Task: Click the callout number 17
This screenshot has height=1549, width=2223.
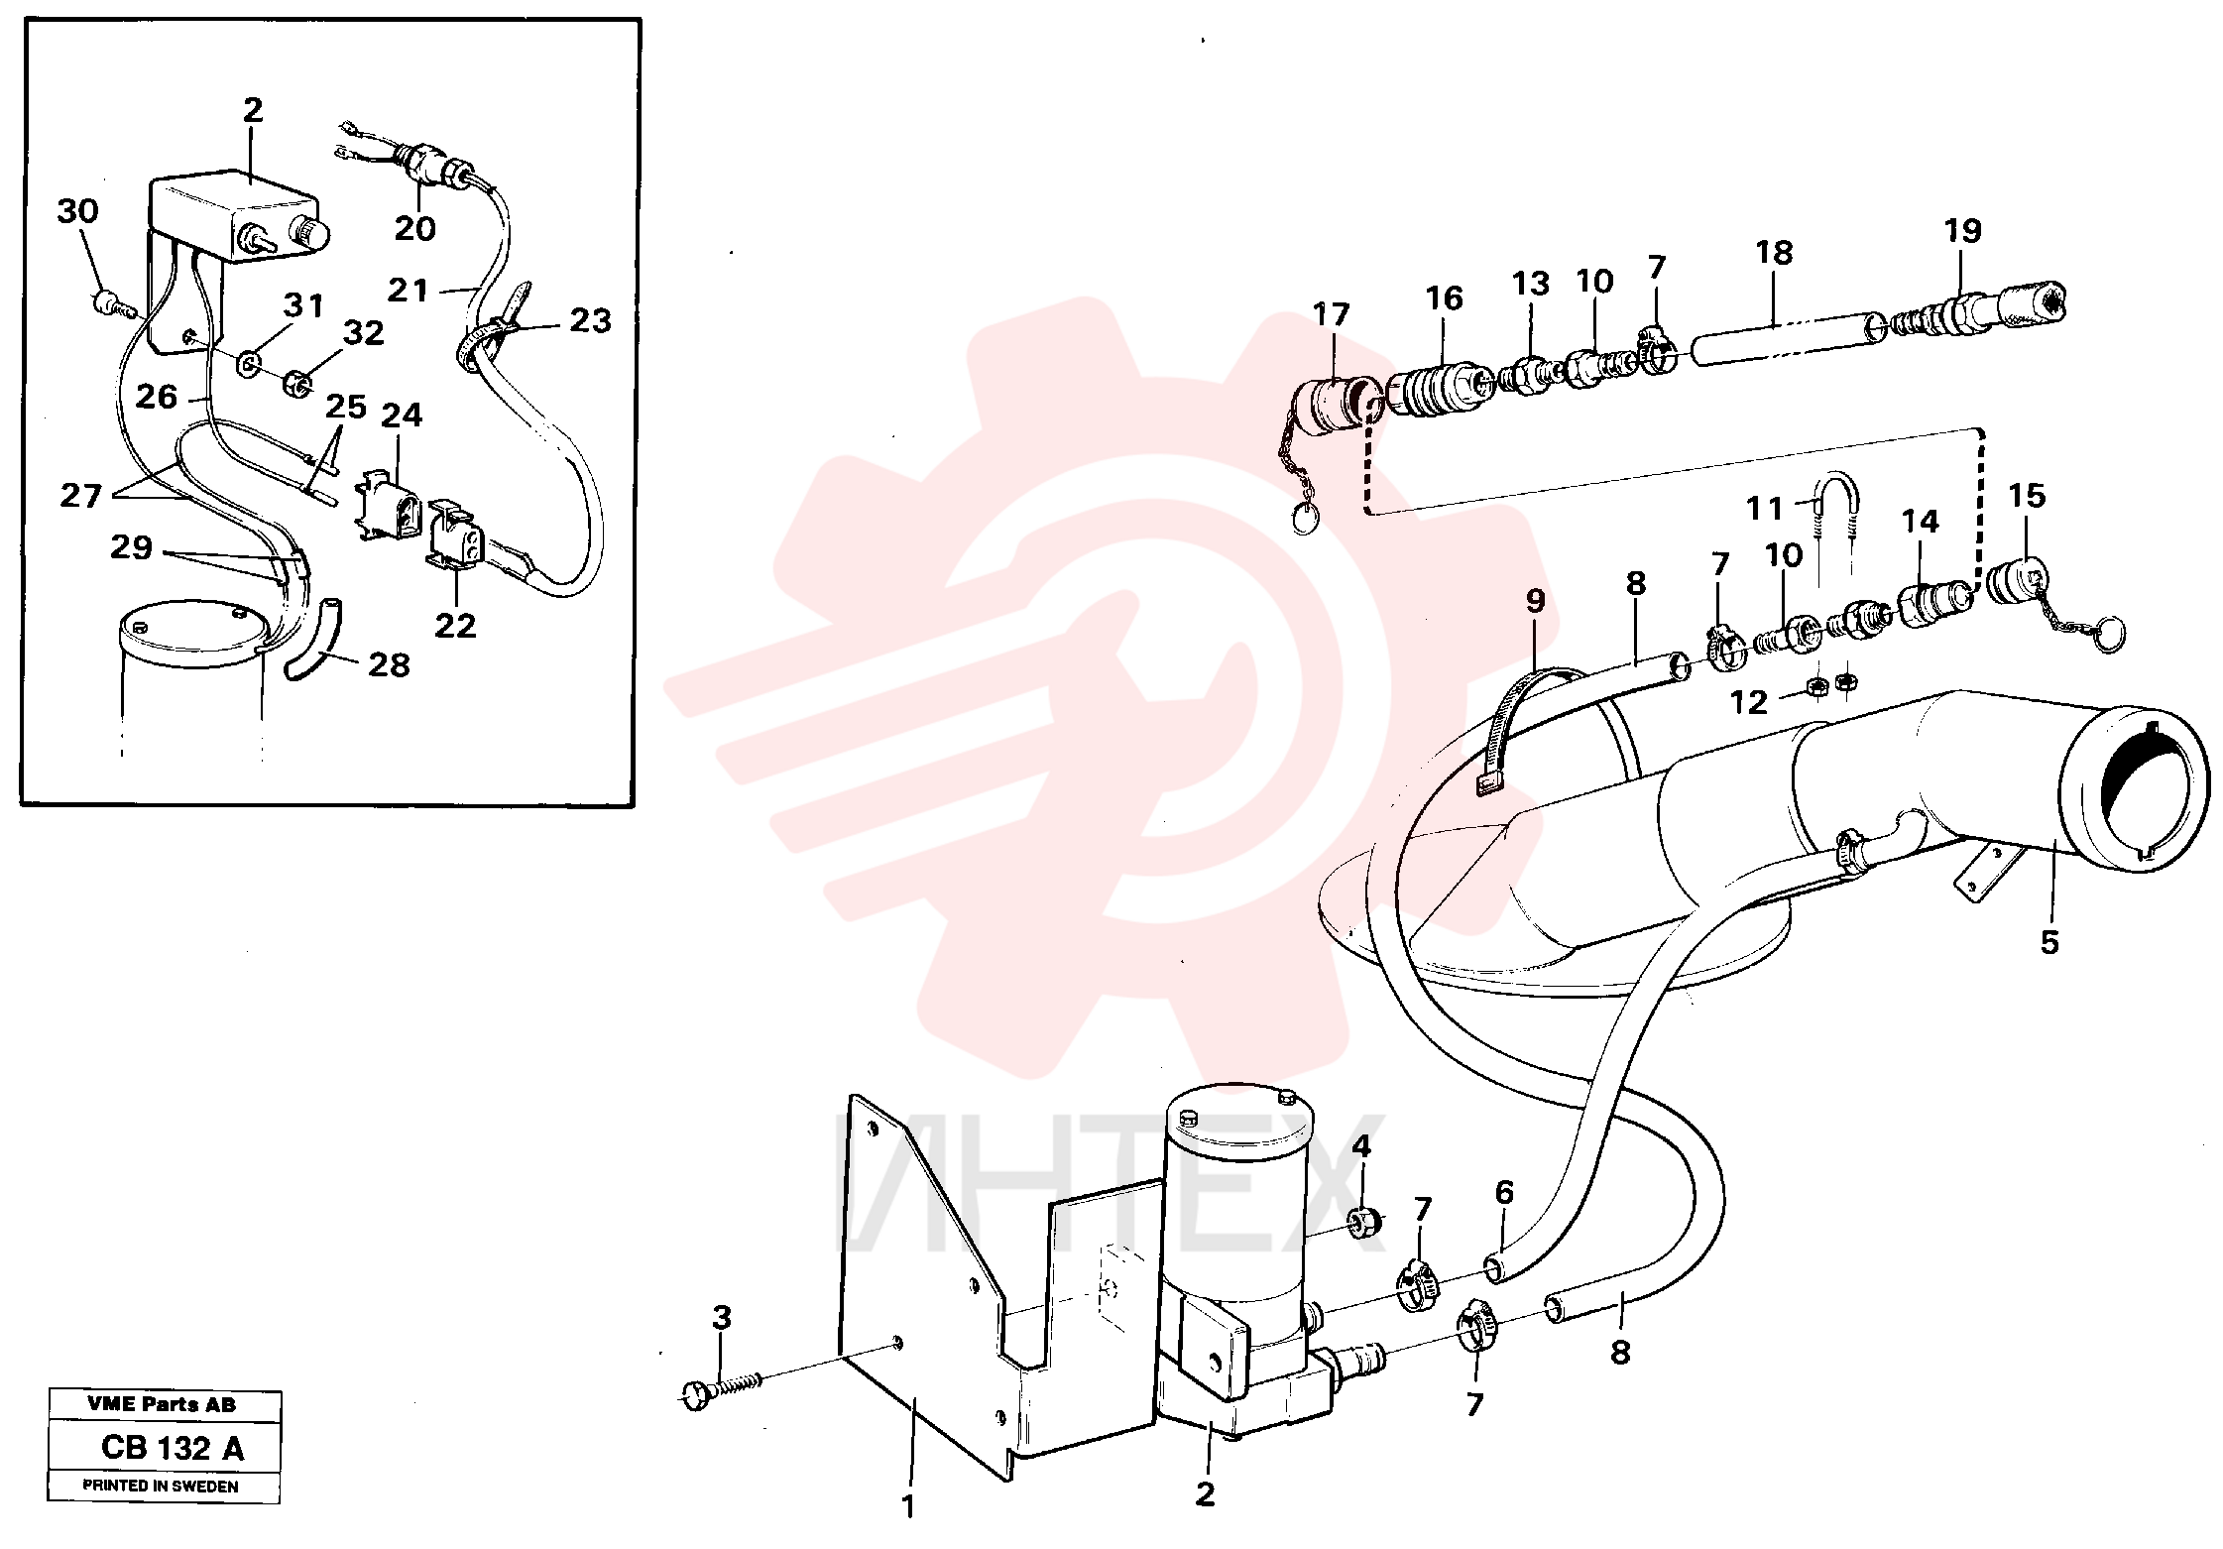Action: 1331,314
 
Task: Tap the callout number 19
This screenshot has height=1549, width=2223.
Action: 1962,231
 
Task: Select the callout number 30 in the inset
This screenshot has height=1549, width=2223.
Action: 77,211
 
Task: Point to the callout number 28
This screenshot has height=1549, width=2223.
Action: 389,665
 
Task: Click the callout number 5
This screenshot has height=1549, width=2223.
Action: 2049,942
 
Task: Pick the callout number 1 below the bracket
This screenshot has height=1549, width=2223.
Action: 907,1507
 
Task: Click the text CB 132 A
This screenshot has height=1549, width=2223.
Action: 172,1448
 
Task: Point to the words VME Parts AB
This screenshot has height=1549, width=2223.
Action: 162,1404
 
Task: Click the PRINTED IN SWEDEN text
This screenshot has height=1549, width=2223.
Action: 160,1486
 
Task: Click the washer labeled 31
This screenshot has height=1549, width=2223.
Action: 249,364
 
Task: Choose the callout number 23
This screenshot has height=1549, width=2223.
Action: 590,321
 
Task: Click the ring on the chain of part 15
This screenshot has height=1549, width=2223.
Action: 2107,635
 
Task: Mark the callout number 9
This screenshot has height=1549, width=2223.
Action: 1535,601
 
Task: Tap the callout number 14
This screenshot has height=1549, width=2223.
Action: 1920,522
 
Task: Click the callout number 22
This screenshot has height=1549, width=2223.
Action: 455,626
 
